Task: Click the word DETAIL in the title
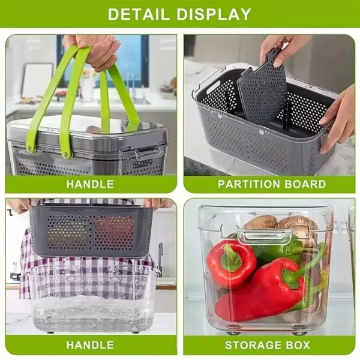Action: coord(139,14)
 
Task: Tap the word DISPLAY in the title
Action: coord(214,14)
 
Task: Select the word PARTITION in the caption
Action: coord(249,184)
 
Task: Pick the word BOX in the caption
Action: coord(298,346)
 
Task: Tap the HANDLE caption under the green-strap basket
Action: coord(90,184)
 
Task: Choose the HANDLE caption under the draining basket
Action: coord(90,346)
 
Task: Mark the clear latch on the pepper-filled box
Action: coord(265,235)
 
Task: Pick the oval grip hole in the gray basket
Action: coord(213,89)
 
